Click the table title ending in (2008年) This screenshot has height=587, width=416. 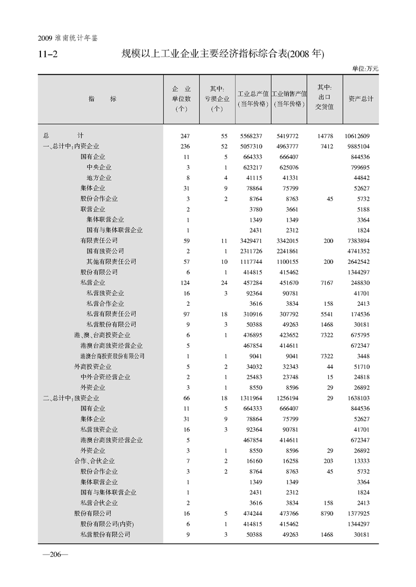point(223,54)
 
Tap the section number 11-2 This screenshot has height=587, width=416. point(48,54)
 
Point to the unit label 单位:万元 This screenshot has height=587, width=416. point(365,69)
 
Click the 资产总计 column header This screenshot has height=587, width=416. point(361,98)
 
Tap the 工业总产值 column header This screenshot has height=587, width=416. point(253,94)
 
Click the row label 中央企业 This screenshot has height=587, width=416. point(99,168)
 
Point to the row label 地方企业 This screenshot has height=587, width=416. point(99,178)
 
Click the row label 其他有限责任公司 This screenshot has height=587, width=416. point(111,262)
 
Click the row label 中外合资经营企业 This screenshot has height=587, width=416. point(105,377)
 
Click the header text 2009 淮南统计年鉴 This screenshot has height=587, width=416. point(68,38)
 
